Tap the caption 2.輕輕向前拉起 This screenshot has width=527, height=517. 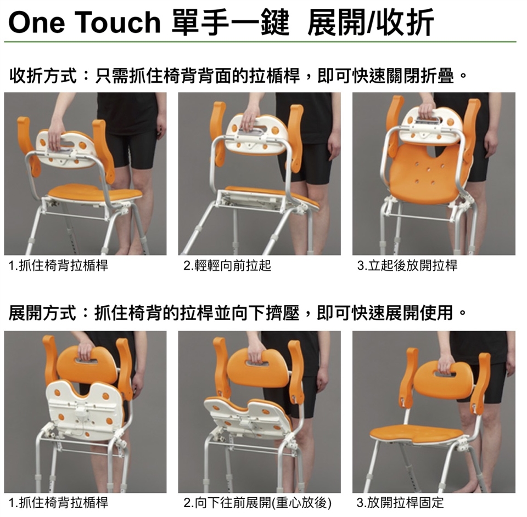(227, 265)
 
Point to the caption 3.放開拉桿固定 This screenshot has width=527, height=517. (400, 503)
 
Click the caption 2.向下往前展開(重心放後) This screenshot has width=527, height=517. (257, 503)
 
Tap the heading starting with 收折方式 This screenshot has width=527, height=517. (238, 76)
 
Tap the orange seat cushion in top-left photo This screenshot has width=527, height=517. (95, 194)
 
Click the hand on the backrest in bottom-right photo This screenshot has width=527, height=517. (446, 364)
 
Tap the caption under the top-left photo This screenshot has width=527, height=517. (58, 265)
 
